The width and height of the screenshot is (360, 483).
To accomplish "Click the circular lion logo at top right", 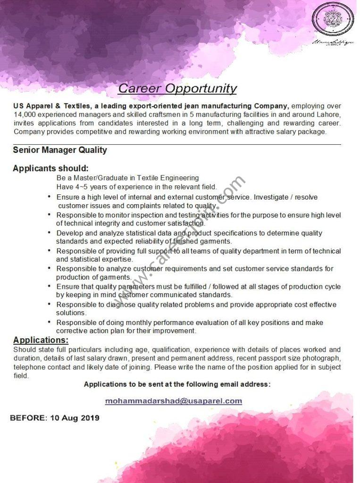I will click(333, 19).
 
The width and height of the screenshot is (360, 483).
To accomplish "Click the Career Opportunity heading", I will click(177, 88).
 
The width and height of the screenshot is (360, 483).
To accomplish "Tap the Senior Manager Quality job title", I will click(60, 150).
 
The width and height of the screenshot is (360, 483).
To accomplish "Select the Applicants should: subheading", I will click(50, 168).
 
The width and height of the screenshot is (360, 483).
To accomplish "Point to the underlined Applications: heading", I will click(41, 340).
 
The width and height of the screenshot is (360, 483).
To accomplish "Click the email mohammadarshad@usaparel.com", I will click(173, 401).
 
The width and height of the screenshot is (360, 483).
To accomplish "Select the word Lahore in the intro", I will click(328, 115).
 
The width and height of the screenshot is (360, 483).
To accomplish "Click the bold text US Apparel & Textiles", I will click(52, 106).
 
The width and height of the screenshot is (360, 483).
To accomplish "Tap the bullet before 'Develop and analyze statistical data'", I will click(50, 233).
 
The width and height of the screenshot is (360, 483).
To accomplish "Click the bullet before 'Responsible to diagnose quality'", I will click(50, 304).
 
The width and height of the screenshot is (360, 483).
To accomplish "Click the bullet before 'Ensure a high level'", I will click(50, 197).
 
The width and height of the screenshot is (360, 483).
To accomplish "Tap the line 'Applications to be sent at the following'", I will click(177, 384).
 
